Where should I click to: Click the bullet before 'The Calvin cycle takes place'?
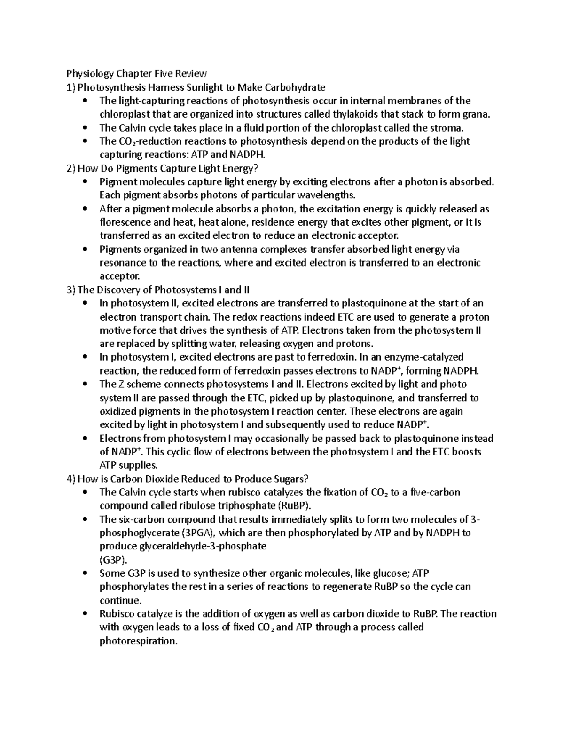click(85, 127)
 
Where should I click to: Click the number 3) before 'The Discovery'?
click(71, 290)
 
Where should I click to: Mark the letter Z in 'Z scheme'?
click(119, 384)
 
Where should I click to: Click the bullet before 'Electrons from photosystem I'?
click(85, 439)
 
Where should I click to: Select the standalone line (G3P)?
click(113, 560)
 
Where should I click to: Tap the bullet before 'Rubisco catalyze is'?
click(85, 614)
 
